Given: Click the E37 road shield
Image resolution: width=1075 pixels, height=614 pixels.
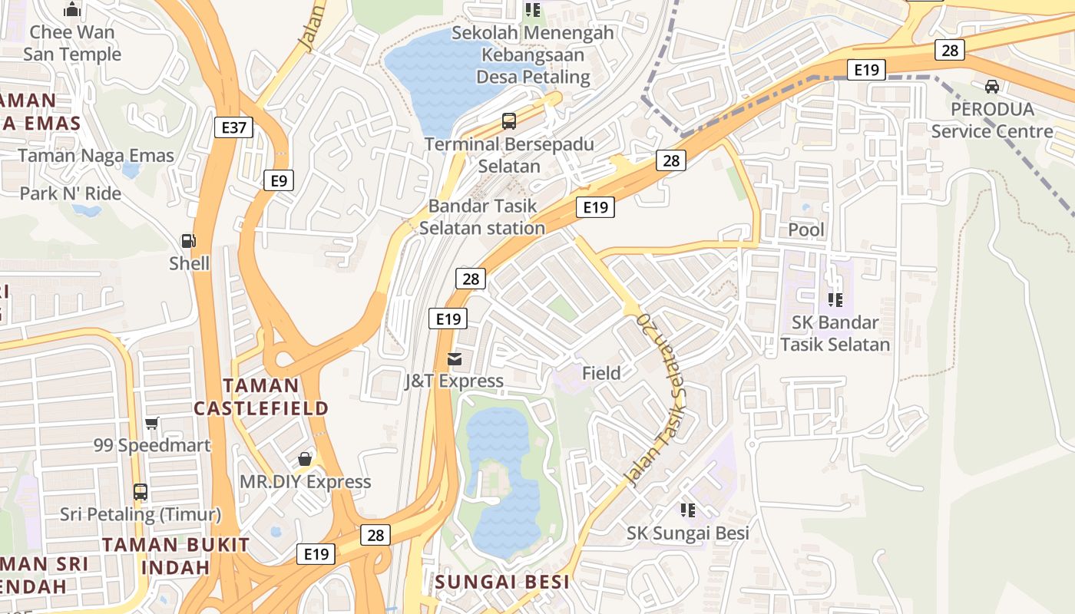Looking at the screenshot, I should tap(233, 127).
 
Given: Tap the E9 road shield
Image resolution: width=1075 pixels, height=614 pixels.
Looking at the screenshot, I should tap(279, 180).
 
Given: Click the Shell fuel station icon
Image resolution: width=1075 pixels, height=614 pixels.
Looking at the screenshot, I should tap(188, 241).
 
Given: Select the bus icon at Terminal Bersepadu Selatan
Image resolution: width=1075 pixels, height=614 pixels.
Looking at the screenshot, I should tap(509, 120).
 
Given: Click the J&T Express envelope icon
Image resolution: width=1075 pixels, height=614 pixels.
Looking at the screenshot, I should tap(455, 358).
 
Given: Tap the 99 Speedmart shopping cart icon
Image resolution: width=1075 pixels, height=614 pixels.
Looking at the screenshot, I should tap(152, 424).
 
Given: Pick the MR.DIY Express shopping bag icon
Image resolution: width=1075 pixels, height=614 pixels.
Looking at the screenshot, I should tap(305, 459).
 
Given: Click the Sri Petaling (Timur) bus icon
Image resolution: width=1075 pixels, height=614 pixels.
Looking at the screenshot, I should tap(140, 491).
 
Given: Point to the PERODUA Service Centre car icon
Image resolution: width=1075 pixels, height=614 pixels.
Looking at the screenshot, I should tap(992, 87).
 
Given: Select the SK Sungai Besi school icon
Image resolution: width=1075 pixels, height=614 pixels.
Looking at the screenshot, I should tap(687, 510).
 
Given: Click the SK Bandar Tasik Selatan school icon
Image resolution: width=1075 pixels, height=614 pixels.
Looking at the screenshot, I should tap(835, 300).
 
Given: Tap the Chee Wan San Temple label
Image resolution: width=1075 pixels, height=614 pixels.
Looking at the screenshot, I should tap(72, 43).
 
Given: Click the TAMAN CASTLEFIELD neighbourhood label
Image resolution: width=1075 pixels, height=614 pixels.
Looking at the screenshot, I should tap(261, 397).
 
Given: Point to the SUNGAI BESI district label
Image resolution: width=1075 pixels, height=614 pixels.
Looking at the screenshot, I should tap(502, 582).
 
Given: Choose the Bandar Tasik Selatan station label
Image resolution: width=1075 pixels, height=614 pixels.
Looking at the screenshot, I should tap(483, 217).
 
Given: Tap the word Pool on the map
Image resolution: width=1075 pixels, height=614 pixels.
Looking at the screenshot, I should tap(806, 230).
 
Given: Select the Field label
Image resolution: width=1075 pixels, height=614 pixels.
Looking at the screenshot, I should tap(601, 374).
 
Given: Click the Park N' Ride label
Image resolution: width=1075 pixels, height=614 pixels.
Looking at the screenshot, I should tap(71, 193).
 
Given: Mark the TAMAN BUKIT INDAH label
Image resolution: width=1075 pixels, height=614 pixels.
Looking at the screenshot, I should tap(176, 556).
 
